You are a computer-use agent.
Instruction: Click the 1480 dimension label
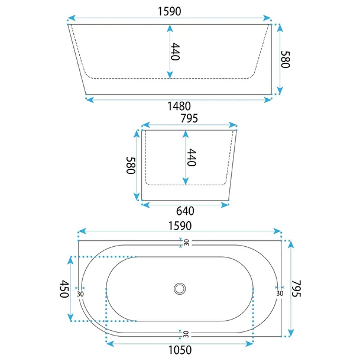tap(179, 106)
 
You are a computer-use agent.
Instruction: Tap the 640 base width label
tap(185, 211)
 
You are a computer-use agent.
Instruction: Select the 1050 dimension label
tap(180, 350)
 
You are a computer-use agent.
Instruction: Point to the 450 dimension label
tap(64, 289)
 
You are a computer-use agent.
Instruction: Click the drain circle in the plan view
tap(180, 289)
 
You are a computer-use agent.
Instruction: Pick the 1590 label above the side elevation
tap(169, 11)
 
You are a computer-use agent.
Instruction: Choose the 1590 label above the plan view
tap(180, 226)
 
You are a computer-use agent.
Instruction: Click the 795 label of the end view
tap(189, 118)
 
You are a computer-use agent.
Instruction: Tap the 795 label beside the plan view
tap(296, 288)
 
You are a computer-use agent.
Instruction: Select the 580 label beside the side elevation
tap(286, 59)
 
